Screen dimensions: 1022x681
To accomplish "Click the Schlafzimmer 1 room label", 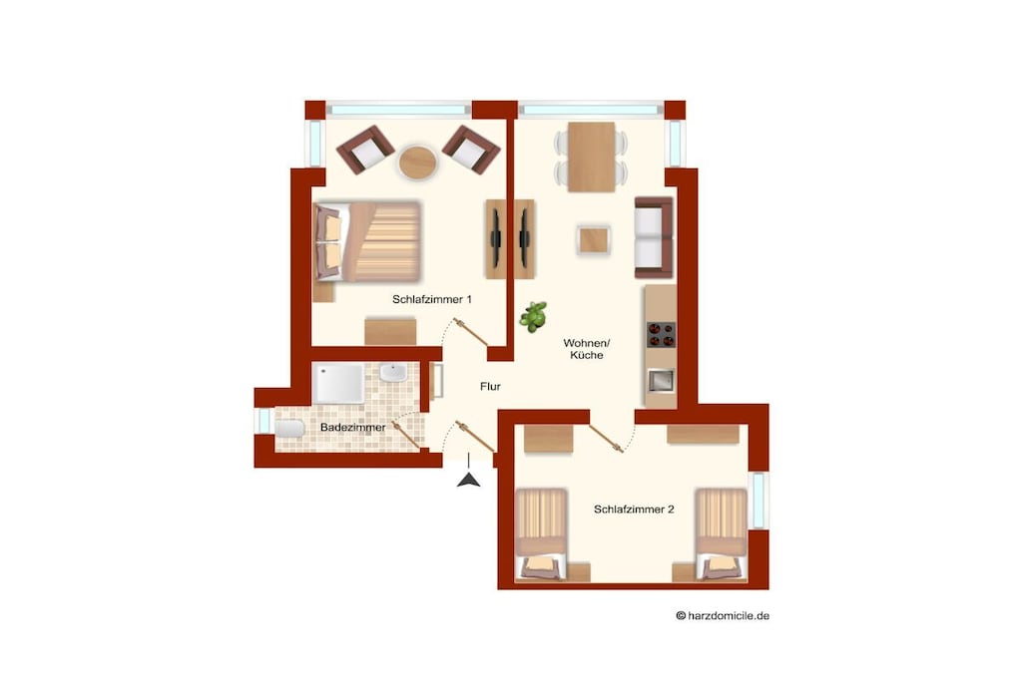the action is coord(431,299).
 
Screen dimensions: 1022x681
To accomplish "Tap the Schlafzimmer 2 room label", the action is coord(634,510).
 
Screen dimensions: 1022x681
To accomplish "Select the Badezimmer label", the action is coord(352,428).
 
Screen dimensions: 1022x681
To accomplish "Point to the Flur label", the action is coord(490,387).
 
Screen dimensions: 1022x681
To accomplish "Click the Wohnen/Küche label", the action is coord(587,349).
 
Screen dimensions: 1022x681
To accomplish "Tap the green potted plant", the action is coord(533,316).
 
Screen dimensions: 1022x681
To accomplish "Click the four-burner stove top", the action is coord(661,335).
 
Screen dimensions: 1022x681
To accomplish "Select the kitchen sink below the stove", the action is coord(661,380).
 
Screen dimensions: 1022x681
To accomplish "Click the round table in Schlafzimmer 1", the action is coord(417,163).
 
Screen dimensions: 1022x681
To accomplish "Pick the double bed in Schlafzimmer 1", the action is coord(367,241).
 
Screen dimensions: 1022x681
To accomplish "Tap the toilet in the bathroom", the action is coord(288,429).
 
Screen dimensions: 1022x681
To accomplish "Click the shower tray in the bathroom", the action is coord(338,384).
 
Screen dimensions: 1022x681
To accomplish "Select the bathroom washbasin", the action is coord(393,373).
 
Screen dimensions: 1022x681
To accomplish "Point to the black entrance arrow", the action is coord(469,481).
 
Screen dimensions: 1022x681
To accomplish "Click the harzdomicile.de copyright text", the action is coord(723,615).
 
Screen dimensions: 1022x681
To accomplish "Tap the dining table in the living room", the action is coord(591,157).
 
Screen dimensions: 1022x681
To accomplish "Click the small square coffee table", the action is coord(594,240).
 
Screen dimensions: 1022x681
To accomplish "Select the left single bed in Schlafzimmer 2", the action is coord(541,533).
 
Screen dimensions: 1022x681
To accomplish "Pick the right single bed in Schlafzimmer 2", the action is coord(721,533).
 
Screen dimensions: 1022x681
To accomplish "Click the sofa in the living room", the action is coord(654,237).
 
